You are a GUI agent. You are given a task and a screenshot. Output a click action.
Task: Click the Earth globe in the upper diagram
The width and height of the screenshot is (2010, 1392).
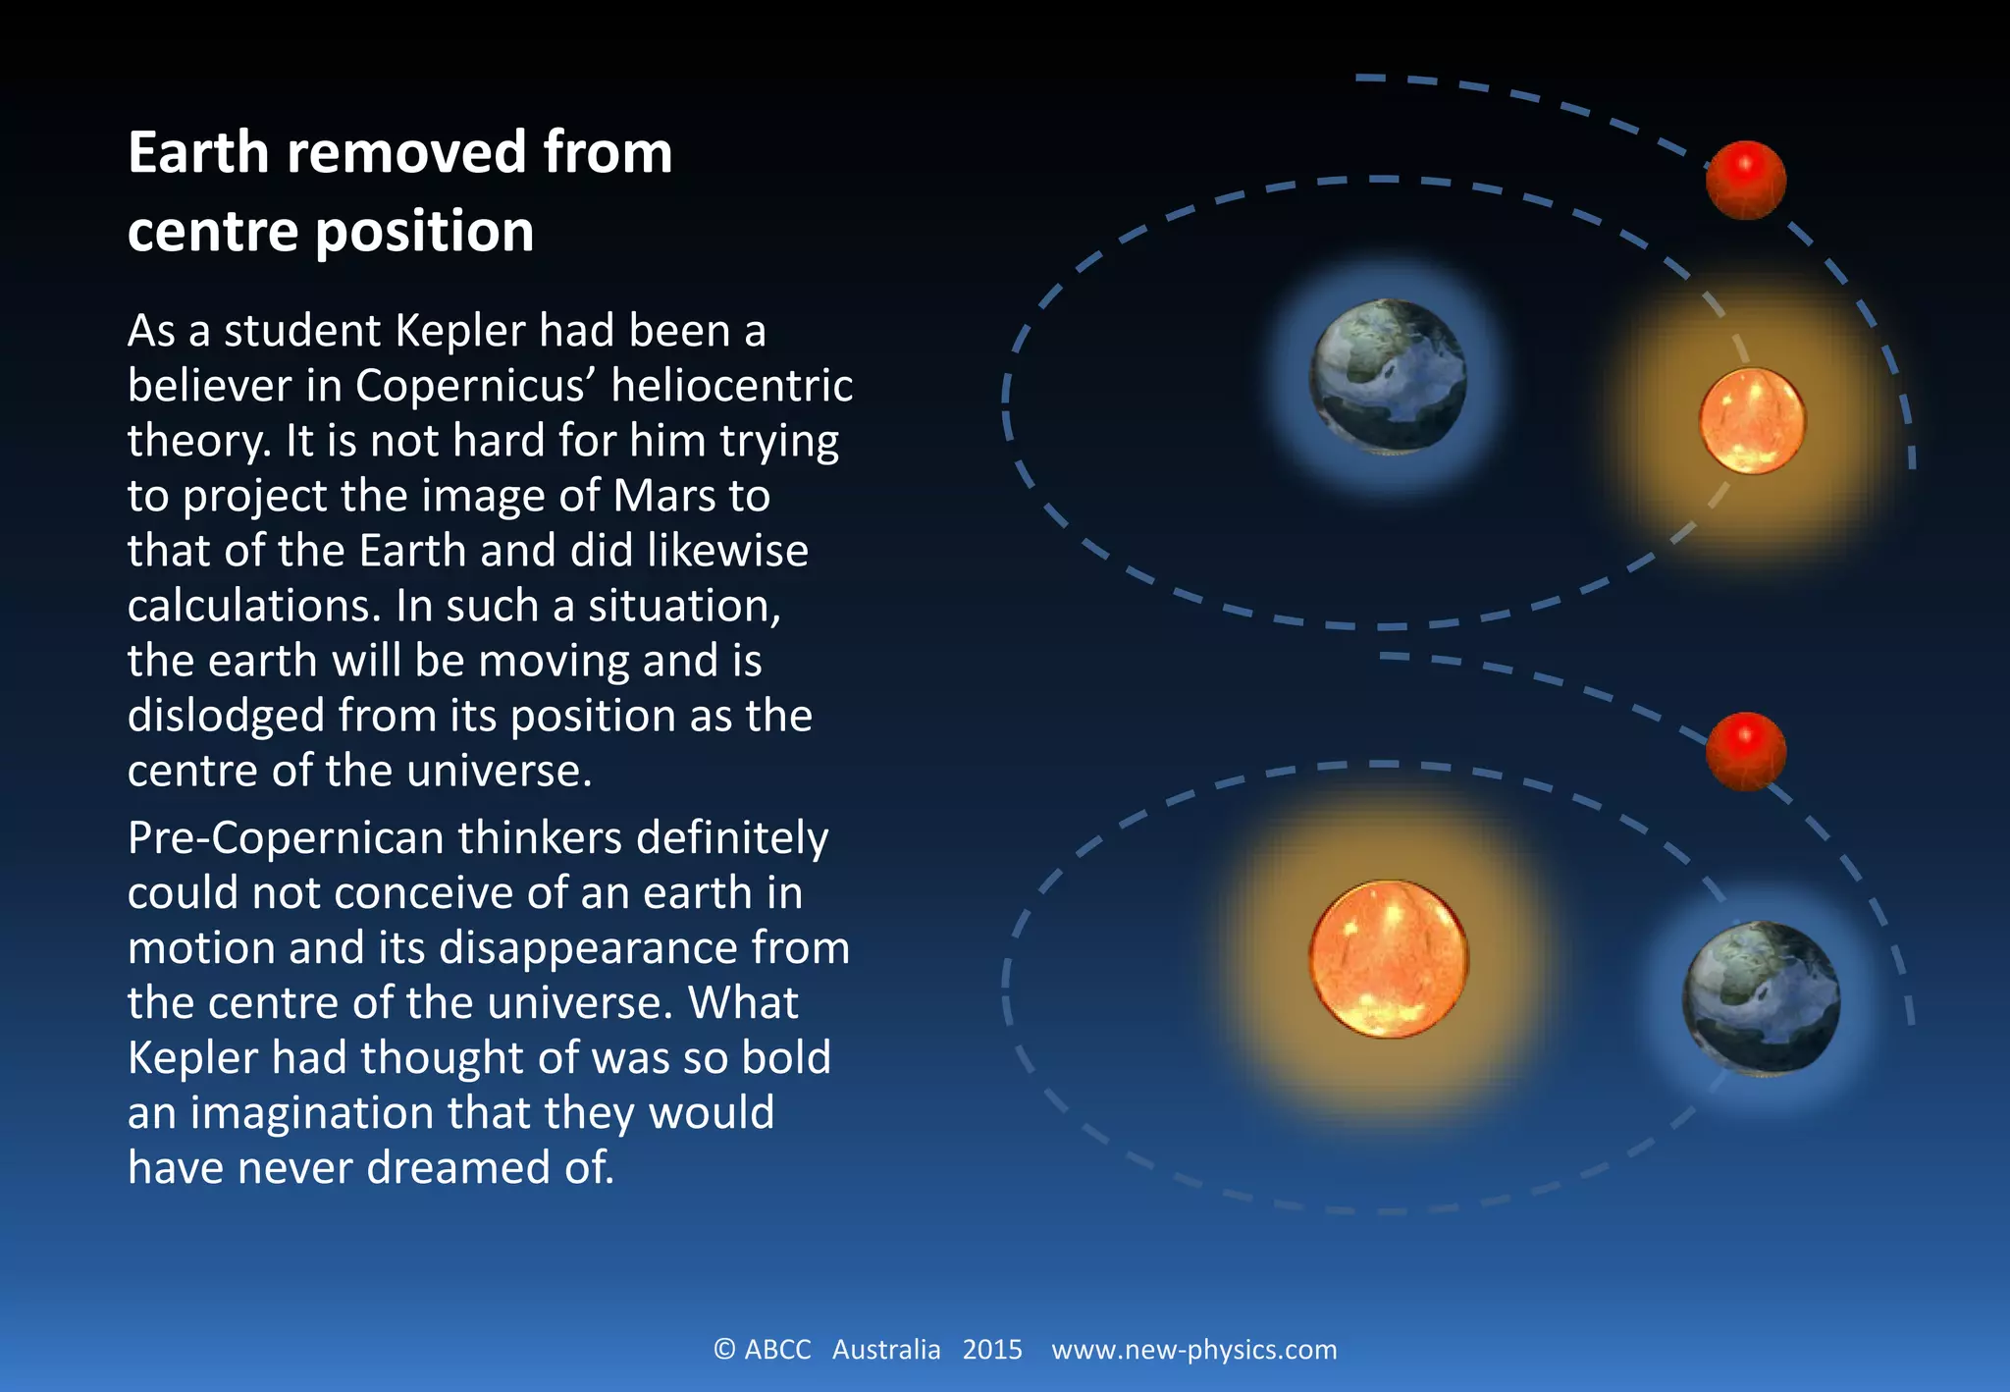click(1388, 377)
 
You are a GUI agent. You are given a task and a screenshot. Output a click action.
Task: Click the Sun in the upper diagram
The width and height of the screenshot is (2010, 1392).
click(1752, 420)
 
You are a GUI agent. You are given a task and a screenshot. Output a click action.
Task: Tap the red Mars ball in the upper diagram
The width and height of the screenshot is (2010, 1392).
click(1745, 180)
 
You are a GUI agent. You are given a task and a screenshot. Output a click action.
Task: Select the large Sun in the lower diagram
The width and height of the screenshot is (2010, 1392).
click(1389, 959)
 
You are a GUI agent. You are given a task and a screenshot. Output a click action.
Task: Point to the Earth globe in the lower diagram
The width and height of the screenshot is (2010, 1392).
click(1762, 997)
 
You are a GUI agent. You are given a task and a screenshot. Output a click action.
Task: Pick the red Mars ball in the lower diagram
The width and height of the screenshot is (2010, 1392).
click(1745, 751)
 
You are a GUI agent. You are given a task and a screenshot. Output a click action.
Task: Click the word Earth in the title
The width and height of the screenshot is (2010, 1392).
click(198, 153)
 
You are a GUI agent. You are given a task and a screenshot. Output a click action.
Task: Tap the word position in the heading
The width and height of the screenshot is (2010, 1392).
click(425, 232)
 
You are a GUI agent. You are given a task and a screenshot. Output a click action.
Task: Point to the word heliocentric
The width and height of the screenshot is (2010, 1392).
click(731, 386)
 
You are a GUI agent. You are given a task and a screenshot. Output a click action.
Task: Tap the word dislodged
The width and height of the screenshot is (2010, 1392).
click(226, 716)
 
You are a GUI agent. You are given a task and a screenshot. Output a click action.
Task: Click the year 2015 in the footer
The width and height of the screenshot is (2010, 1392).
click(992, 1350)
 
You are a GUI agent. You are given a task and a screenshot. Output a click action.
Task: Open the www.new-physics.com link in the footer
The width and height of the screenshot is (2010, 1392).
click(1193, 1350)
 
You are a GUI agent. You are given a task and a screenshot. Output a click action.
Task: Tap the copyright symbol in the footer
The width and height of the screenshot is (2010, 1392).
click(724, 1350)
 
